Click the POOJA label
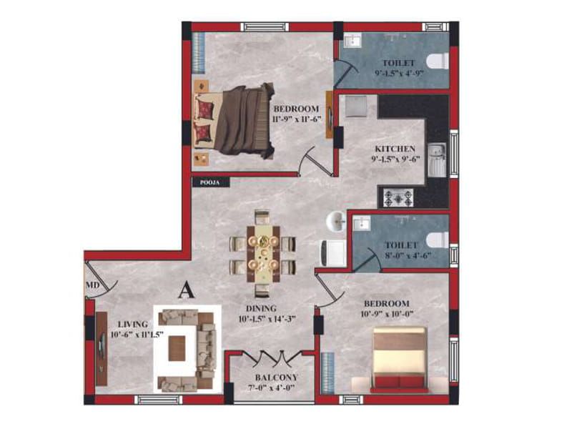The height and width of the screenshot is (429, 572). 210,182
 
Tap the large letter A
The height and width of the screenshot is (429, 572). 187,290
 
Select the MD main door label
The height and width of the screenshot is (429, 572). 93,285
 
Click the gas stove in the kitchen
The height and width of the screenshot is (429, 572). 398,198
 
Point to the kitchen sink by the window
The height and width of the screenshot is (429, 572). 437,160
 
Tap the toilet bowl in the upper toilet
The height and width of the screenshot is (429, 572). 437,61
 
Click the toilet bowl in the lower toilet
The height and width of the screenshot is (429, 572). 438,240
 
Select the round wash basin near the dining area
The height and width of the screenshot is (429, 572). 336,222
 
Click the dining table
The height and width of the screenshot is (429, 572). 263,254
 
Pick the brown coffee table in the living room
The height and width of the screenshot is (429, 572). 177,348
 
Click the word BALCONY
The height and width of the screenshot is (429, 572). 277,378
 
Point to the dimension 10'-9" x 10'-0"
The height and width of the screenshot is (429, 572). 386,313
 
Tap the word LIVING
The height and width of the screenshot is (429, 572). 133,324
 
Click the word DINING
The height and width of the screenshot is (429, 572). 261,308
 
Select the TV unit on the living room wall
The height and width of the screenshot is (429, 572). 102,348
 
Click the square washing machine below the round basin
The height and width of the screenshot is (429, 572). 333,253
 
